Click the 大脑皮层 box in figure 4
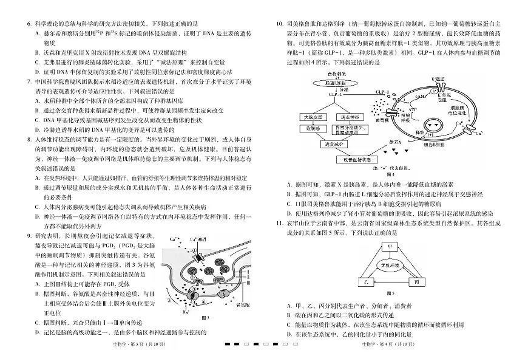point(314,115)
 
